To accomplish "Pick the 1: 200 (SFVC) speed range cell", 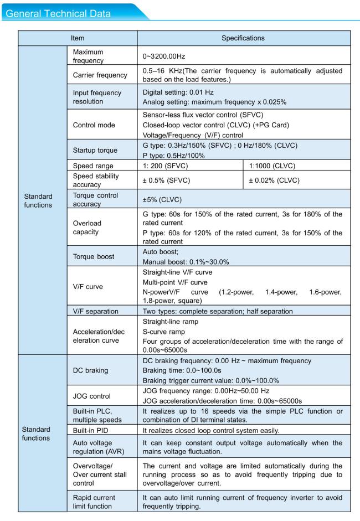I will tap(165, 165).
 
